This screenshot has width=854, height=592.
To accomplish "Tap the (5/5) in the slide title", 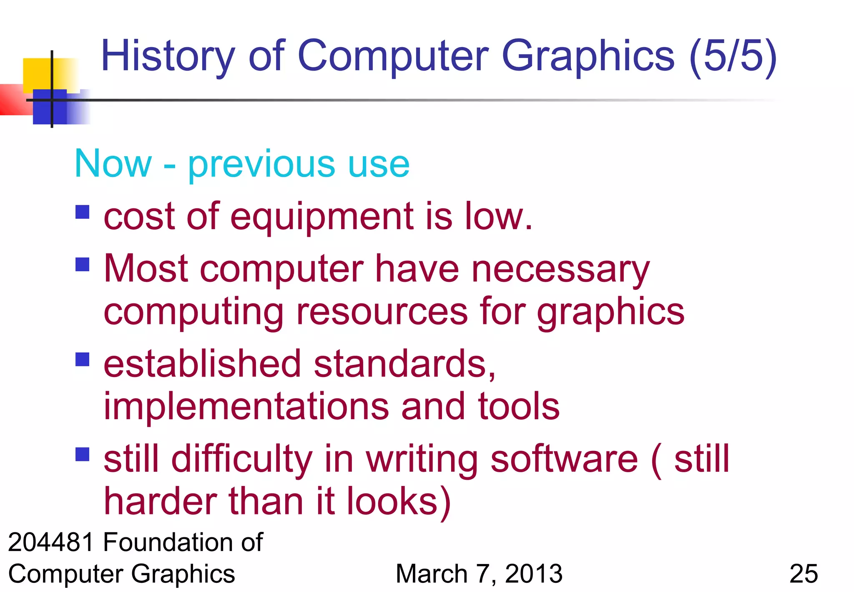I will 733,56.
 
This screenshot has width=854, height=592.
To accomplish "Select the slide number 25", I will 804,574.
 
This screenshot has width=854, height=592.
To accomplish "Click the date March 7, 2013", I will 479,574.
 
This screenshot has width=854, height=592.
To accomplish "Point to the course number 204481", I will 51,542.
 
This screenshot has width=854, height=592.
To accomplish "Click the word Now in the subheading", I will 113,164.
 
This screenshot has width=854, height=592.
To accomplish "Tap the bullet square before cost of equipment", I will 83,212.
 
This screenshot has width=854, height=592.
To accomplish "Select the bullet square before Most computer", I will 83,264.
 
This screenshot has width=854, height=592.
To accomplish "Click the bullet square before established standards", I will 83,359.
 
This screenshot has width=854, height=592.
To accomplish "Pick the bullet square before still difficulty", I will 83,454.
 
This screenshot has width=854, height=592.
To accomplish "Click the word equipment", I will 322,217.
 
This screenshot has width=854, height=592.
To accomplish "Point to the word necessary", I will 560,270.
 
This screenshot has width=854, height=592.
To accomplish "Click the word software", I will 564,459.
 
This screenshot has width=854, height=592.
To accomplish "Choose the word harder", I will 160,501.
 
